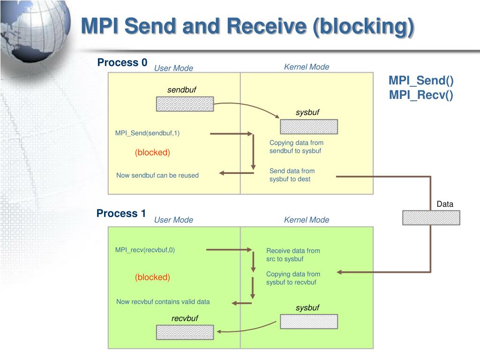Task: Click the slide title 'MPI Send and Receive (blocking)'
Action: coord(247,26)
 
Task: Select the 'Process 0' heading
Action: coord(122,63)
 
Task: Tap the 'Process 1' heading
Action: coord(121,214)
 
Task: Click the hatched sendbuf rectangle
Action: coord(185,104)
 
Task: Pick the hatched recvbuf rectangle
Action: coord(185,332)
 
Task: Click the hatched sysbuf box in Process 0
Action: coord(309,127)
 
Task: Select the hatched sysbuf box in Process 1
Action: coord(309,322)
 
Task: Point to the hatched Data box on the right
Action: coord(431,217)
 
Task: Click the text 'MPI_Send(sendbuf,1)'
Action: coord(147,133)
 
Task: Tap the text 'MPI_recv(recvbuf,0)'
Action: coord(145,250)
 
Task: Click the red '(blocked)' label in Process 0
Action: coord(152,153)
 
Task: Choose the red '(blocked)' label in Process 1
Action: coord(152,277)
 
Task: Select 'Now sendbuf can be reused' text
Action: coord(157,175)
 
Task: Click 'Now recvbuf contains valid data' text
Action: coord(163,302)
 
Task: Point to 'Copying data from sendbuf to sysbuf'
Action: coord(296,147)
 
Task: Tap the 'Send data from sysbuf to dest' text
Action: coord(292,175)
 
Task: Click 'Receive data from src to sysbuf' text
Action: coord(293,255)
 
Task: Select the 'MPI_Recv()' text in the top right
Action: coord(421,95)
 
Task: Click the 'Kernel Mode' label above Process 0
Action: coord(307,67)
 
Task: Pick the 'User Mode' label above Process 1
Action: coord(173,220)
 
